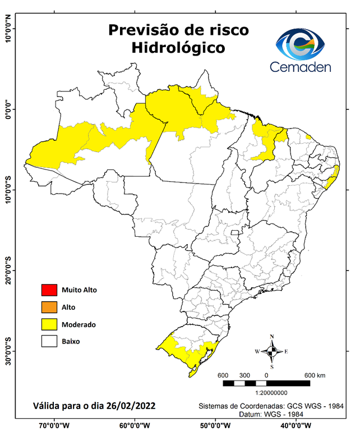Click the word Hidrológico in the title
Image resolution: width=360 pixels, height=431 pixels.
click(x=178, y=48)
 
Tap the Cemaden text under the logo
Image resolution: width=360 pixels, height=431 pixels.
click(x=300, y=67)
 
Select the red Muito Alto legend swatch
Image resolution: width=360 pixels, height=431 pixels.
click(x=48, y=290)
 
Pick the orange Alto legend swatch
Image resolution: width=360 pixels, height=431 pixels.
click(x=48, y=307)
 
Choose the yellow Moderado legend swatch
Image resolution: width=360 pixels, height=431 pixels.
click(x=48, y=324)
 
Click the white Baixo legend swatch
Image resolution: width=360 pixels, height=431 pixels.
click(x=48, y=341)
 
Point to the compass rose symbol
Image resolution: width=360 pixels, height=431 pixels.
click(x=271, y=351)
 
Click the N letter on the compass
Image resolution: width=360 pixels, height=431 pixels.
click(x=272, y=337)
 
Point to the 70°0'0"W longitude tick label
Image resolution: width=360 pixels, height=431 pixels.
click(x=54, y=425)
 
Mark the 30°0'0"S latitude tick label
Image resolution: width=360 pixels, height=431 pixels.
click(x=8, y=351)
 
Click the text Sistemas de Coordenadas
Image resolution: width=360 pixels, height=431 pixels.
click(x=236, y=405)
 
